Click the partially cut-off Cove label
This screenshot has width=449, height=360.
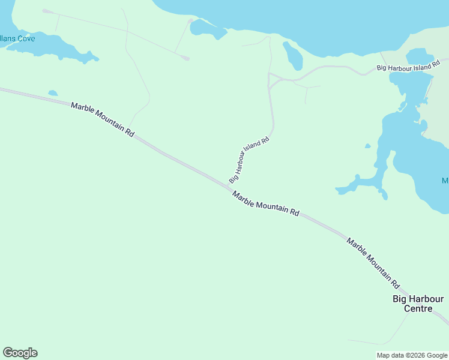pyautogui.click(x=17, y=39)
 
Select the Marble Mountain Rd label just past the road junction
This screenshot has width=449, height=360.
pyautogui.click(x=265, y=204)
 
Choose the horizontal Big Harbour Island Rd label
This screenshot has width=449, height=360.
pyautogui.click(x=412, y=65)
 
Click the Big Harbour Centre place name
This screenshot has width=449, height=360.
pyautogui.click(x=418, y=304)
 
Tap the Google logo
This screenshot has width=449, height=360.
pyautogui.click(x=20, y=353)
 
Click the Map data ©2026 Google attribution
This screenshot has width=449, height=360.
pyautogui.click(x=412, y=355)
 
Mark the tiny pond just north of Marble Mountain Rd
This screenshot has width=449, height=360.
pyautogui.click(x=53, y=93)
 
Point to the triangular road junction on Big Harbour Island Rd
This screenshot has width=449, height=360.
pyautogui.click(x=273, y=79)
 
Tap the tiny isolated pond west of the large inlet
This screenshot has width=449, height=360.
pyautogui.click(x=367, y=146)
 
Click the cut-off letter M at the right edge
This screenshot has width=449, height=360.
pyautogui.click(x=445, y=181)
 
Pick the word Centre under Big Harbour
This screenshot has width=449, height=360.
pyautogui.click(x=418, y=309)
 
